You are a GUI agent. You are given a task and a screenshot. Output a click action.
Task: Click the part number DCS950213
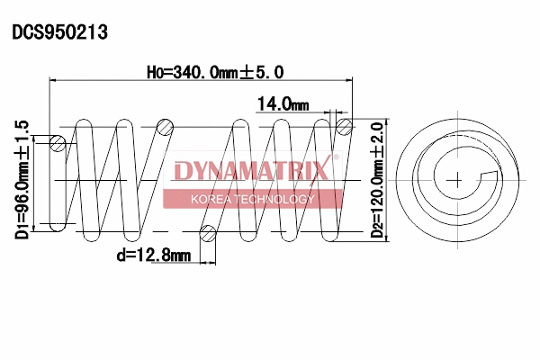pyautogui.click(x=59, y=32)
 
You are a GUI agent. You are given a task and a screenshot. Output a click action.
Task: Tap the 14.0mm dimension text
pyautogui.click(x=283, y=103)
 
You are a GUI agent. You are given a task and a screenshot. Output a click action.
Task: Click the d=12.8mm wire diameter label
pyautogui.click(x=153, y=255)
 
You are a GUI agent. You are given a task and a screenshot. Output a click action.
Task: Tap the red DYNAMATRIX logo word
pyautogui.click(x=251, y=171)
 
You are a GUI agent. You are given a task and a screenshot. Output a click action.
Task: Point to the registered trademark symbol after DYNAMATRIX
pyautogui.click(x=337, y=159)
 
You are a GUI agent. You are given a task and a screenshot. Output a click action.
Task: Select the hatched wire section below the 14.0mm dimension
pyautogui.click(x=342, y=127)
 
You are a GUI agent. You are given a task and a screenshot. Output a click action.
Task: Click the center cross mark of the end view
pyautogui.click(x=457, y=180)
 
